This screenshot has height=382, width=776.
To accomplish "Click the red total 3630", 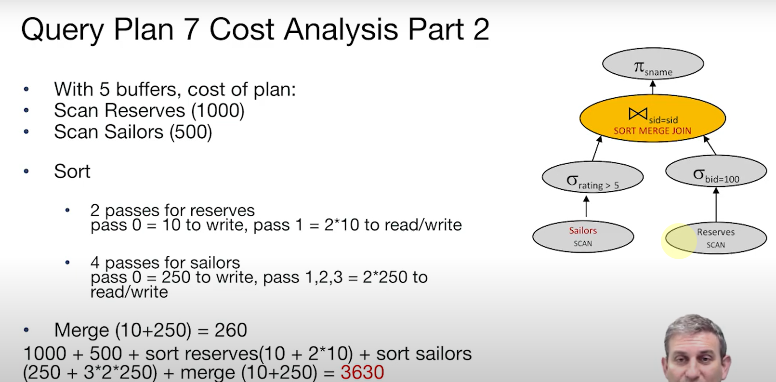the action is click(362, 372).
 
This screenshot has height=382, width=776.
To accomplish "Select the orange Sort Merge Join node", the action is click(653, 118).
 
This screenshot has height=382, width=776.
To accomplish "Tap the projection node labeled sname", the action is click(653, 64).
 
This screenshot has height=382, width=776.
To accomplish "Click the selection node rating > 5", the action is click(593, 177).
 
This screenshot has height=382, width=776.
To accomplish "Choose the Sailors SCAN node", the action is click(583, 237).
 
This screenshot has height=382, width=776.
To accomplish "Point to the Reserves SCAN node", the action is click(716, 238).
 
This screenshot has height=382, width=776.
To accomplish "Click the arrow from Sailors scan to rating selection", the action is click(586, 207).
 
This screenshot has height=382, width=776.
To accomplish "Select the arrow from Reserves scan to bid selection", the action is click(716, 205).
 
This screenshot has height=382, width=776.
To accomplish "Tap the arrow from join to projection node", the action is click(653, 87).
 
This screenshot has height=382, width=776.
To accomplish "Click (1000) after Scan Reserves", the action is click(218, 111).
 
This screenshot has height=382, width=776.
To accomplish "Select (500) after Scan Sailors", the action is click(191, 132).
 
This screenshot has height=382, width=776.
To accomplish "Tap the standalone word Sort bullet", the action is click(72, 171).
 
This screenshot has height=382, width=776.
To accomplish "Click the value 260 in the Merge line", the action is click(231, 329).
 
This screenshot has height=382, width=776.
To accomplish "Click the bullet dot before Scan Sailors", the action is click(26, 132).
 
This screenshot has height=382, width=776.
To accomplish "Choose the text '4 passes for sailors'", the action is click(165, 263).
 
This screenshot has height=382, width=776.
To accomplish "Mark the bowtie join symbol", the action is click(638, 114).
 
